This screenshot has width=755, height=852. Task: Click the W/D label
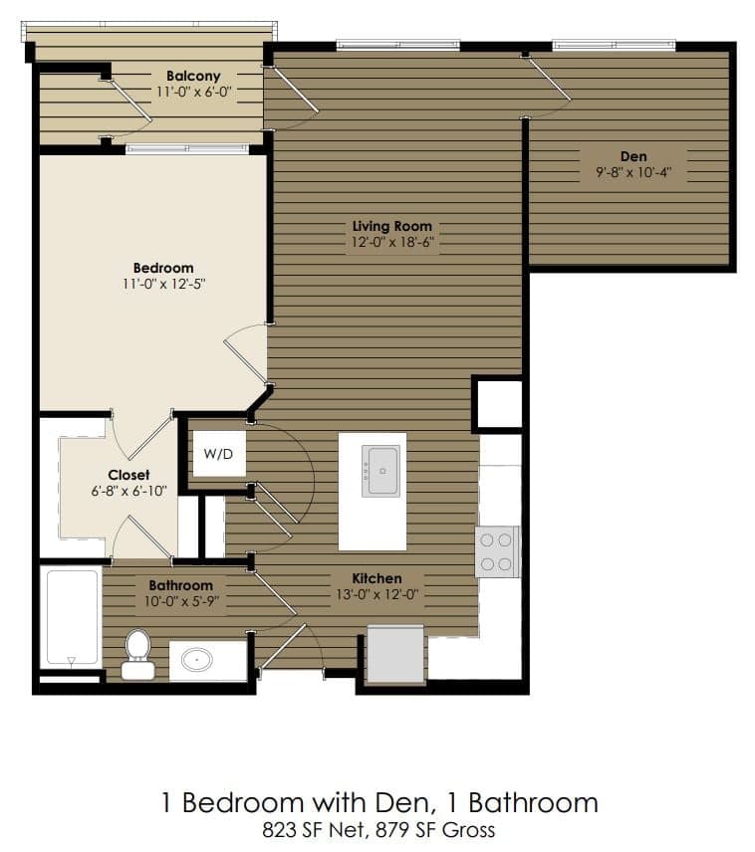pyautogui.click(x=218, y=455)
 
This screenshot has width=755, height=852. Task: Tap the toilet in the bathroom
pyautogui.click(x=137, y=654)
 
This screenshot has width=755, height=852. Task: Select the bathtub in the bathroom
pyautogui.click(x=71, y=617)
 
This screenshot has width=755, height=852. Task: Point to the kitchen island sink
pyautogui.click(x=381, y=470)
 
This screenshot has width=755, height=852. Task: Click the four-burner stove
pyautogui.click(x=497, y=551)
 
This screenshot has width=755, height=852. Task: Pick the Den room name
pyautogui.click(x=633, y=156)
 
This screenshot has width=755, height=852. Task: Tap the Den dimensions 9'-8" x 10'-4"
pyautogui.click(x=633, y=171)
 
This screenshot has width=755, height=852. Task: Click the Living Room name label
pyautogui.click(x=392, y=227)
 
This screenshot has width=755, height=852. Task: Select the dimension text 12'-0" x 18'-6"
pyautogui.click(x=392, y=242)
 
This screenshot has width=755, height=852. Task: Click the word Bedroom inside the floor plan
pyautogui.click(x=163, y=268)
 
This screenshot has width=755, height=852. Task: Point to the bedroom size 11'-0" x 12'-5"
pyautogui.click(x=163, y=284)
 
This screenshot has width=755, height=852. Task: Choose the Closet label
pyautogui.click(x=128, y=475)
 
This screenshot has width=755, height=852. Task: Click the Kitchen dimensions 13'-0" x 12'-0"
pyautogui.click(x=377, y=594)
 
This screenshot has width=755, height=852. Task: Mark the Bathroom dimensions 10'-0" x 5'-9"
pyautogui.click(x=180, y=601)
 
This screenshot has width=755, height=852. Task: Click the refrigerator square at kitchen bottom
pyautogui.click(x=396, y=654)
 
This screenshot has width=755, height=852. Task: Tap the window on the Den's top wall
pyautogui.click(x=615, y=44)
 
